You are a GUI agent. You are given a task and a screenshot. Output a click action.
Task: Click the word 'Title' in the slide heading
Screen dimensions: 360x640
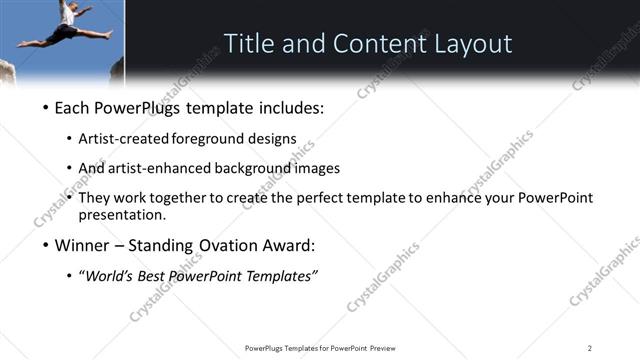(251, 44)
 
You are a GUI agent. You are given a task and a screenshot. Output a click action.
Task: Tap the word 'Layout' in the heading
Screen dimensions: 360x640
(473, 44)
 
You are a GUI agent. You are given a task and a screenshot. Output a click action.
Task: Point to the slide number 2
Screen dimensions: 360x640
(590, 348)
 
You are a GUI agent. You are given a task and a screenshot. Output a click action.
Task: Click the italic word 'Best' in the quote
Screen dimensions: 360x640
(158, 276)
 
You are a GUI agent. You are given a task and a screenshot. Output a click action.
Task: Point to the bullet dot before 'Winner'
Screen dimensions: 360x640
(44, 246)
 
